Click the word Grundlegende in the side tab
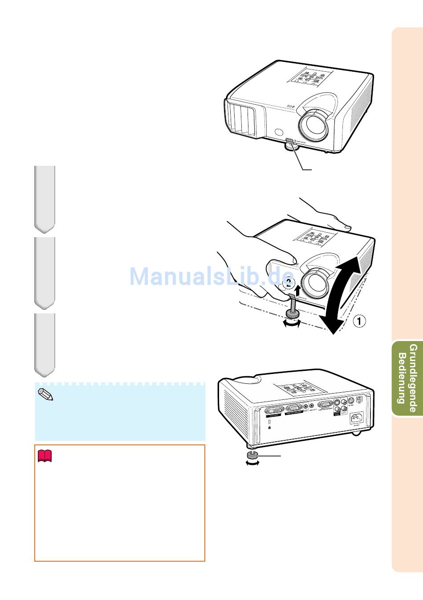tap(413, 378)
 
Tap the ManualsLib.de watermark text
tap(211, 277)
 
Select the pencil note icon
tap(45, 395)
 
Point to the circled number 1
tap(360, 321)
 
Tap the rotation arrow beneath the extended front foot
tap(292, 325)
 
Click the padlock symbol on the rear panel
tap(269, 427)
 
